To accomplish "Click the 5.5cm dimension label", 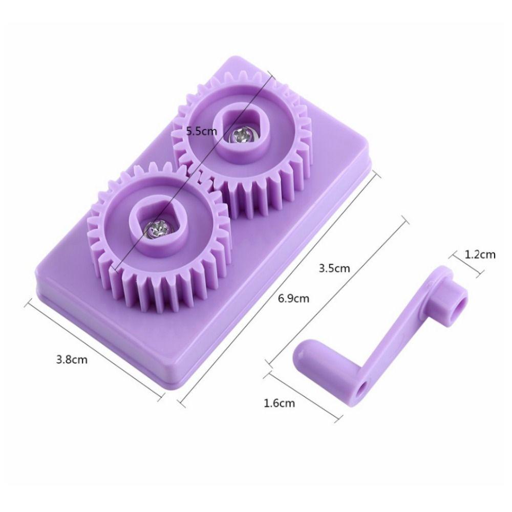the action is pos(201,132).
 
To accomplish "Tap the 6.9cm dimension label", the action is pos(293,298).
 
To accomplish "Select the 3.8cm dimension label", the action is pos(72,360).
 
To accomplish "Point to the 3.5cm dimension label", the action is pos(334,268).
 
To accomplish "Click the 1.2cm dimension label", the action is pos(480,254).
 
